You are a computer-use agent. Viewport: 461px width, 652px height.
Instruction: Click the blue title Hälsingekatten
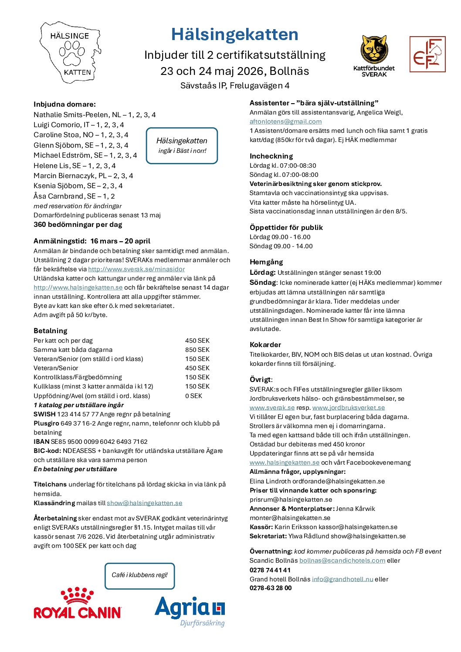[234, 34]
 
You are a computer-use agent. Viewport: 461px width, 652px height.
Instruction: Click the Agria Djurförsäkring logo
[190, 611]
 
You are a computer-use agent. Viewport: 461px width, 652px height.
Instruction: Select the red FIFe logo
[427, 54]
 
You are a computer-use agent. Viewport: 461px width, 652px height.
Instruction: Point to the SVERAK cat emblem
[374, 50]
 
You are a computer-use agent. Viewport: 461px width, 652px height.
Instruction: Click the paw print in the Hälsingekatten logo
[72, 54]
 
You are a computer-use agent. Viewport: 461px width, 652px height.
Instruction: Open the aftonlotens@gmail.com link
[285, 122]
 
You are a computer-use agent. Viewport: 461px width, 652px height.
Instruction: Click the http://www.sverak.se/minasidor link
[136, 269]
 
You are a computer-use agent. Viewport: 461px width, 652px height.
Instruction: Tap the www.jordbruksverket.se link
[349, 408]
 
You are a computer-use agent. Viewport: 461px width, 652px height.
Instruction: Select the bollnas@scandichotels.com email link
[342, 561]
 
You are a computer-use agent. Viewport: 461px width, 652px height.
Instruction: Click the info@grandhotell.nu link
[342, 579]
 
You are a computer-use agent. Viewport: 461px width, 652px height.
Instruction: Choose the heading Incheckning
[271, 156]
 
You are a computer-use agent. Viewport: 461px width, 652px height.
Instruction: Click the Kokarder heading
[265, 345]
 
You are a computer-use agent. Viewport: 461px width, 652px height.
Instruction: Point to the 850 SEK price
[197, 350]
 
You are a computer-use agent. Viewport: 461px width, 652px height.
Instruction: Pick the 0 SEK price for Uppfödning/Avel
[194, 396]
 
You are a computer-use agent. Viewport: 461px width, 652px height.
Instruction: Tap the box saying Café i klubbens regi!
[139, 575]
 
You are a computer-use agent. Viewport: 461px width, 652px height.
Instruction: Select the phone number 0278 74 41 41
[270, 570]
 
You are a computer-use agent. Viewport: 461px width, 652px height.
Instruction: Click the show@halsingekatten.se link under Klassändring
[145, 503]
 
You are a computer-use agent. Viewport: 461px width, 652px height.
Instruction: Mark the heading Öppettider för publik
[286, 227]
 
